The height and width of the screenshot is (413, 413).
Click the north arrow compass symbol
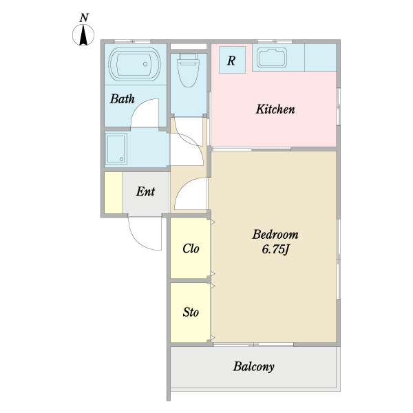[83, 35]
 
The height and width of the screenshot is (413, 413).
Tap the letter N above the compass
[84, 18]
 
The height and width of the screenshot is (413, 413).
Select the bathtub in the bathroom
[135, 64]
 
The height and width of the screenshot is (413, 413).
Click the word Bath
[123, 98]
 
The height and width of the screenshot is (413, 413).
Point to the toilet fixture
[188, 70]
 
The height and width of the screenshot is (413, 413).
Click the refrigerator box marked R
[232, 60]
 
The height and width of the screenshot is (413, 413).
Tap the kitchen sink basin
[273, 58]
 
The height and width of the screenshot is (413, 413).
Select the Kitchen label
[275, 109]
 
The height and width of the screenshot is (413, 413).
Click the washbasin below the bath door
[116, 149]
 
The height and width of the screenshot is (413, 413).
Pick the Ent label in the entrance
[145, 191]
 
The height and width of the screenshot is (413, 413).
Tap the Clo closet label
[191, 248]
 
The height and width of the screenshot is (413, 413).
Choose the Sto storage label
[191, 312]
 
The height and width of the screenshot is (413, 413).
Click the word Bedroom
[275, 235]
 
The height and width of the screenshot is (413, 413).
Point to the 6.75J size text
[275, 249]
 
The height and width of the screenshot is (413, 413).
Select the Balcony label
[253, 367]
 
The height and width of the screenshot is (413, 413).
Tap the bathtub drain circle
[145, 64]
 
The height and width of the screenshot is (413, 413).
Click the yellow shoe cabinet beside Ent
[114, 193]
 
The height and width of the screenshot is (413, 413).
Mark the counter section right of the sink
[320, 57]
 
